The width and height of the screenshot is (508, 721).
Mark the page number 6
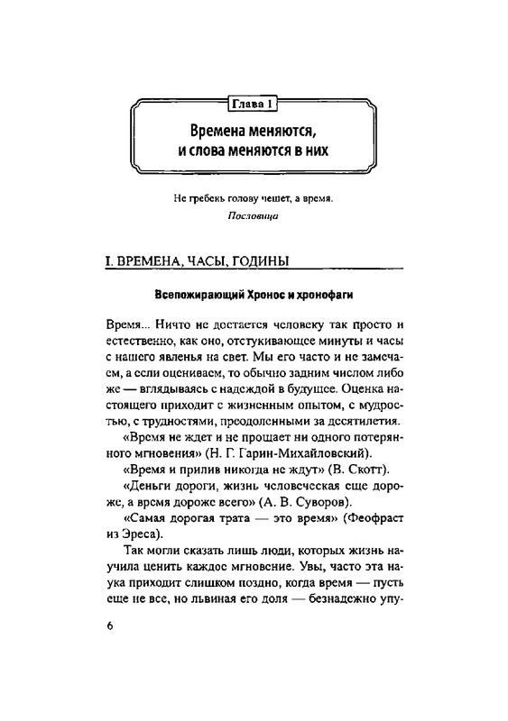tap(109, 629)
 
